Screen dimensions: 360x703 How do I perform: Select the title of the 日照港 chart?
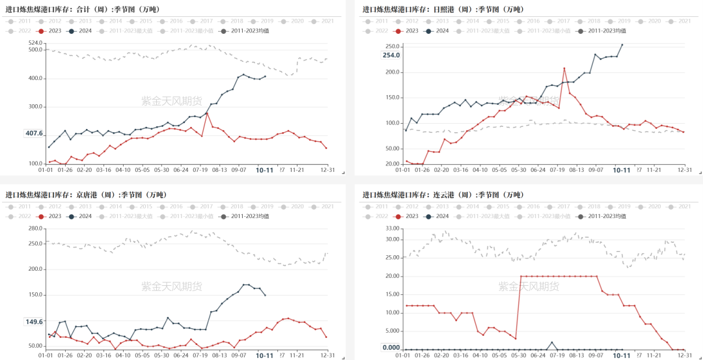tap(443, 9)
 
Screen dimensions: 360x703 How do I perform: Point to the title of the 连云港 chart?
tap(443, 194)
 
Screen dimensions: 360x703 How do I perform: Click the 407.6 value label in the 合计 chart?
tap(34, 133)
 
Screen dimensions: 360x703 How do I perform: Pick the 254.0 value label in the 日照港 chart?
tap(391, 55)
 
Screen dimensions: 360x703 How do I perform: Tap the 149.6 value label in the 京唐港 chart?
tap(34, 322)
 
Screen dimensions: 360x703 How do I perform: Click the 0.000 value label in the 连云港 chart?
tap(391, 348)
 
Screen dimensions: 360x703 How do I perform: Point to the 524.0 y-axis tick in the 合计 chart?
tap(35, 43)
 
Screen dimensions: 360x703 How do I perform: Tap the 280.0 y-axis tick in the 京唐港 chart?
tap(35, 228)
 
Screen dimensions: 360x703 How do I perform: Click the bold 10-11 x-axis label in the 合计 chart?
tap(264, 170)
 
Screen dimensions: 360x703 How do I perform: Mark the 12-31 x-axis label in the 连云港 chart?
tap(684, 355)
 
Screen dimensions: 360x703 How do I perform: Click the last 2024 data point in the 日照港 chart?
tap(622, 45)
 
